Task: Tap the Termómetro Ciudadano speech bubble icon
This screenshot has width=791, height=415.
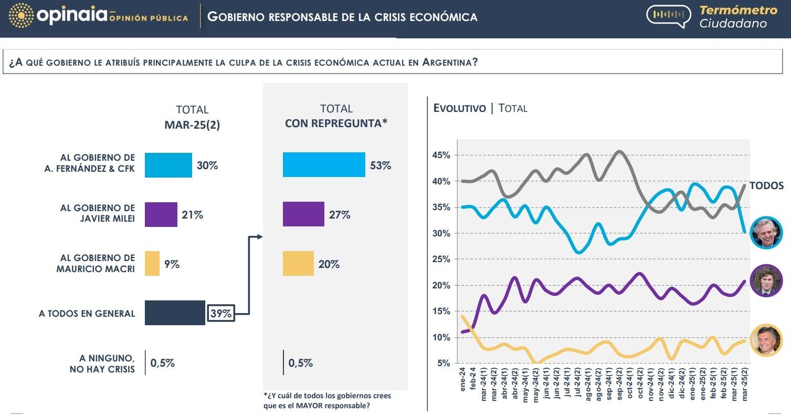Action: pos(669,16)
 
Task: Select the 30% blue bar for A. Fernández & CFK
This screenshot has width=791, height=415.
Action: pos(168,165)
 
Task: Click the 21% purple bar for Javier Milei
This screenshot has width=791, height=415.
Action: pos(161,215)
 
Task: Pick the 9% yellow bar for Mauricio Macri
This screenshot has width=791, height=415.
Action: pos(152,264)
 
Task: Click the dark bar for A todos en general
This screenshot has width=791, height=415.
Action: pos(174,313)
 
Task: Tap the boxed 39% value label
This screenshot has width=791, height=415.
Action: pos(220,314)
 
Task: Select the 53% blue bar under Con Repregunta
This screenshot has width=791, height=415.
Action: pos(323,165)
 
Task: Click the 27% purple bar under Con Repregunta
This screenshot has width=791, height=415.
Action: pos(303,214)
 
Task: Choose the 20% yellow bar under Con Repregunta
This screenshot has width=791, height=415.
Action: pos(298,264)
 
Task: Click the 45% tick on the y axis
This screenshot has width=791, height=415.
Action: pos(441,155)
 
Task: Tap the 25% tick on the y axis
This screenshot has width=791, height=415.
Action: pos(441,260)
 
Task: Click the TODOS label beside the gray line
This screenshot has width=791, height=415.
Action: pos(766,185)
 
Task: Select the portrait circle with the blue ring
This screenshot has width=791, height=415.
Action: pos(766,232)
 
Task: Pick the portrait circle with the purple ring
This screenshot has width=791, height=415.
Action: pos(766,281)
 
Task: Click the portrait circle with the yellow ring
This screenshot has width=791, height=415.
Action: pos(766,340)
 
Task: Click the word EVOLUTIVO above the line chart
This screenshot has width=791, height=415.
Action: pos(459,108)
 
